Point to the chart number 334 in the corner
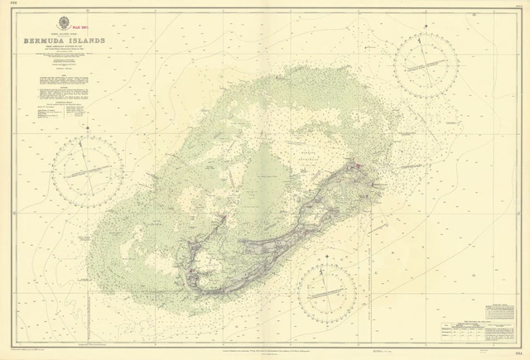click(520, 353)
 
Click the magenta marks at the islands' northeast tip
click(359, 168)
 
